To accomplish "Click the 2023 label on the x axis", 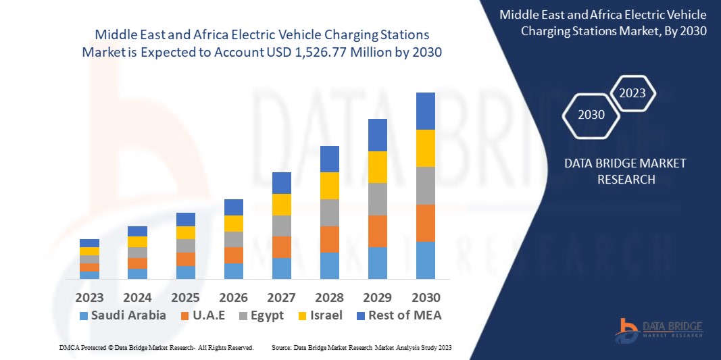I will coord(89,297).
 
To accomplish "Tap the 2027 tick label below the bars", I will coord(282,297).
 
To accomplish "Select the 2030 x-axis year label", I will coord(426,297).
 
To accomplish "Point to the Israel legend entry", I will coord(319,315).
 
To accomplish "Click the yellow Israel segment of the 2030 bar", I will coord(426,148).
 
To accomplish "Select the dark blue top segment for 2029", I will coord(378,134).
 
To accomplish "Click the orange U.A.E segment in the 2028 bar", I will coord(330,239).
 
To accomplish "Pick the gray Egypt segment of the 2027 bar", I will coord(282,226).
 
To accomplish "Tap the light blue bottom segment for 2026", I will coord(234,271).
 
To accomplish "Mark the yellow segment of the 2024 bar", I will coord(137,242).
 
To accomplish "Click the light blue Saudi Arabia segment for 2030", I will coord(426,260).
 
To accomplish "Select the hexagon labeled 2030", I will coord(591,115).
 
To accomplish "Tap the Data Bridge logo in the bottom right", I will coord(658,329).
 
